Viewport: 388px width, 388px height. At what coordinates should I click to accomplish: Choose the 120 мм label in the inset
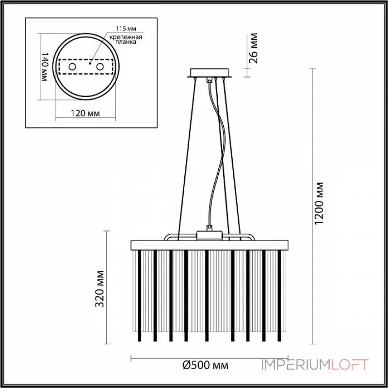click(86, 113)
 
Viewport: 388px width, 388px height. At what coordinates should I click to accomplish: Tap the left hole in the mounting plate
click(72, 66)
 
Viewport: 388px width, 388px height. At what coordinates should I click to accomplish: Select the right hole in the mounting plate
click(100, 66)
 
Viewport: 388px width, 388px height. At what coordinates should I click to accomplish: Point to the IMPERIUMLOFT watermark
click(315, 365)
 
